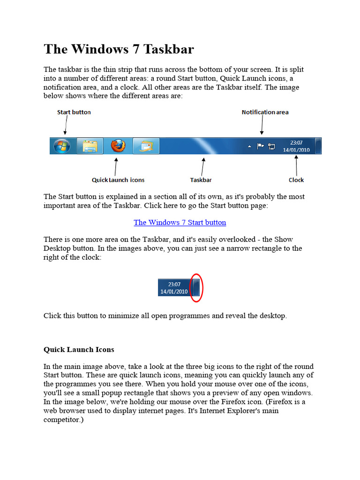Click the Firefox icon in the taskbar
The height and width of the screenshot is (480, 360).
118,146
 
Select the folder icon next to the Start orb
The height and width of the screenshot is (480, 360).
90,146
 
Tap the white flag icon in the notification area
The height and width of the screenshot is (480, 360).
261,146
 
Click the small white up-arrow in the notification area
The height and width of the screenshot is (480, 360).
249,146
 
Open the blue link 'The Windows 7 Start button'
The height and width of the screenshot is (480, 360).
180,222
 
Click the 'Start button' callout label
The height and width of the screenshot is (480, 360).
74,112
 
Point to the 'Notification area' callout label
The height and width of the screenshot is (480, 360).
265,112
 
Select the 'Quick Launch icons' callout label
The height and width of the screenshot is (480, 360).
118,180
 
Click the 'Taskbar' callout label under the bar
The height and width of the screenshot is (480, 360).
201,180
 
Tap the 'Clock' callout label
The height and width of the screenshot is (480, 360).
296,180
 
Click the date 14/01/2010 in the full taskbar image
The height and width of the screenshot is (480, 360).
296,150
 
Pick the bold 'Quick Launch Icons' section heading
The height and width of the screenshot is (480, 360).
79,350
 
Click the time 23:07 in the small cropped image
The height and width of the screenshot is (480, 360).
174,284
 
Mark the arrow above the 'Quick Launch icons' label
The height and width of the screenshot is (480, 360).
116,166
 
